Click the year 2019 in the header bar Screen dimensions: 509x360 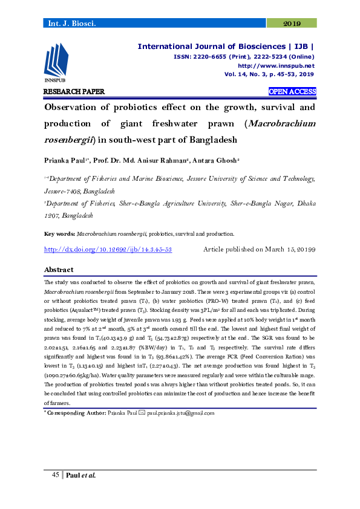tap(292, 24)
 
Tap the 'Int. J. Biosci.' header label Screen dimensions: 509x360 tap(68, 24)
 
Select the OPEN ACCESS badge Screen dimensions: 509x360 tap(292, 92)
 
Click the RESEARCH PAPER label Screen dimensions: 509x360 tap(74, 92)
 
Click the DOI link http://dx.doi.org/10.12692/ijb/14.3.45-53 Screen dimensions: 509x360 tap(108, 249)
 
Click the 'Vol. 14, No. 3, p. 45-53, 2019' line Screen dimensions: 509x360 tap(269, 74)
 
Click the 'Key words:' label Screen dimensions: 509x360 tap(60, 233)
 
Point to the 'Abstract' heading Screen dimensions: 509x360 tap(59, 270)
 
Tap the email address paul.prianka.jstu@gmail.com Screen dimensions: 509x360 tap(181, 413)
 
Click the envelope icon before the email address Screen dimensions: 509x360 tap(142, 413)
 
